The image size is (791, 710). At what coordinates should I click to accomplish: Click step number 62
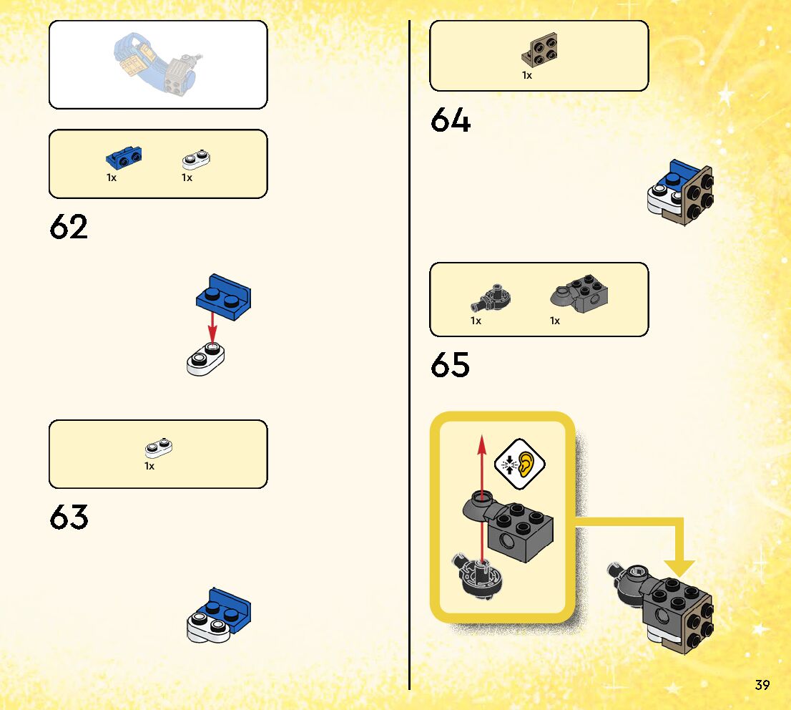(x=69, y=227)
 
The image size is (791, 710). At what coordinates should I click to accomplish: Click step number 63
(x=69, y=517)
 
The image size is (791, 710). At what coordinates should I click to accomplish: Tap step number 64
(x=451, y=120)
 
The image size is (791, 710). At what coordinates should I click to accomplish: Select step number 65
(x=451, y=365)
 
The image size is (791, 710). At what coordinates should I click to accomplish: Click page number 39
(x=762, y=685)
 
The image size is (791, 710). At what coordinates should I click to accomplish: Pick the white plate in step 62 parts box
(x=198, y=157)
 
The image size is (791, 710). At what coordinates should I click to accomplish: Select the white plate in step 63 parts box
(x=159, y=448)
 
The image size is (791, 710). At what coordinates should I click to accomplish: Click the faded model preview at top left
(x=158, y=64)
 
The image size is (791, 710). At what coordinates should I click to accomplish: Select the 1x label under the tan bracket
(x=527, y=75)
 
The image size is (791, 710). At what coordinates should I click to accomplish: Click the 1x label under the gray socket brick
(x=555, y=321)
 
